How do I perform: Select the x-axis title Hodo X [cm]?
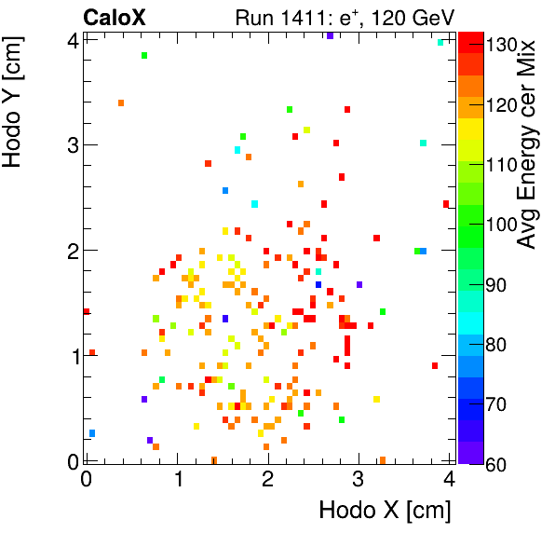click(x=385, y=511)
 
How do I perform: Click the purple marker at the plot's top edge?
click(x=330, y=35)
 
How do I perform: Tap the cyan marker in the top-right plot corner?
click(x=440, y=42)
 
